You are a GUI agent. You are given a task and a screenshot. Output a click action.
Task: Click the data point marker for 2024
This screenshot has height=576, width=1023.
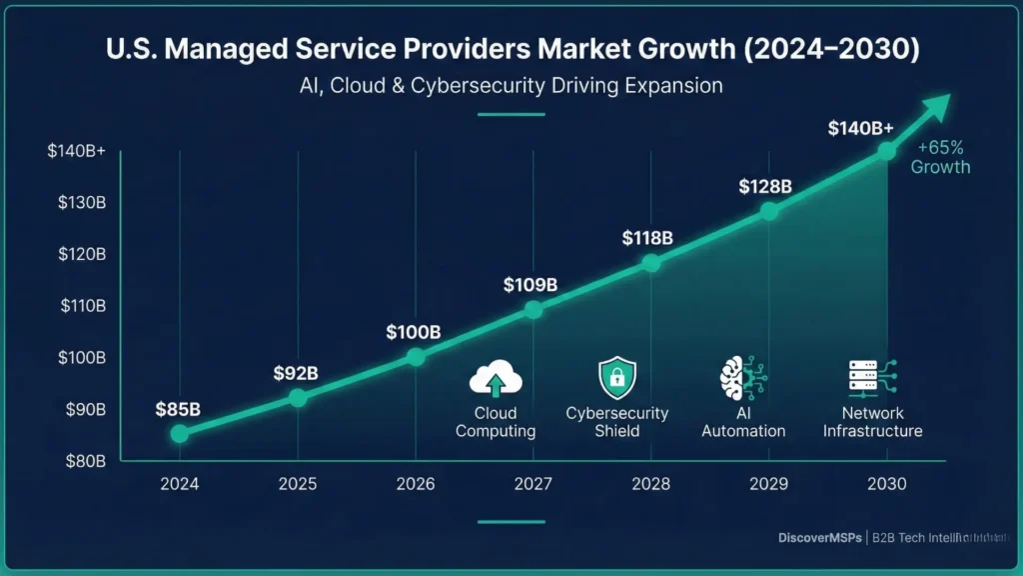(x=179, y=433)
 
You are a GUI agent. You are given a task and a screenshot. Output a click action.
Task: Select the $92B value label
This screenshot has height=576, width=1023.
(x=296, y=373)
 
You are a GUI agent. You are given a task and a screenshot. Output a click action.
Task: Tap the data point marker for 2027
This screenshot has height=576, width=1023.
(x=533, y=310)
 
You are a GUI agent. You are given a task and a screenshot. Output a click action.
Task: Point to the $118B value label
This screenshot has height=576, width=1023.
(x=647, y=238)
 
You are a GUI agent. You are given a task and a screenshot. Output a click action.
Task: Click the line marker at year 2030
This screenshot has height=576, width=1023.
(x=886, y=151)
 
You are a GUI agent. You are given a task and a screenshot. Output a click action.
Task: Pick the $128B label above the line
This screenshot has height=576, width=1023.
(x=765, y=186)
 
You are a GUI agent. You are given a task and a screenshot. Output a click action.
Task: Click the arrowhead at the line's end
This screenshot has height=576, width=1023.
(x=938, y=105)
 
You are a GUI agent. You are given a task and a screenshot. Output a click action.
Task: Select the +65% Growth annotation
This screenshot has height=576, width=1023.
(x=940, y=157)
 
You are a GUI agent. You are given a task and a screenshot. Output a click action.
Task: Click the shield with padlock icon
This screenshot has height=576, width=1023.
(x=616, y=379)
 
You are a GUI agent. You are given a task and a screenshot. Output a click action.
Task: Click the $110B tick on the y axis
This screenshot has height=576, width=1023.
(x=83, y=306)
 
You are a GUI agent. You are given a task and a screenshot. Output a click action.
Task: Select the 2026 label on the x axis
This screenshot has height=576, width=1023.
(x=416, y=484)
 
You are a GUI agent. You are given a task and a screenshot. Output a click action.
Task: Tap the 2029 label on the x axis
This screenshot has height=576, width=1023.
(x=768, y=484)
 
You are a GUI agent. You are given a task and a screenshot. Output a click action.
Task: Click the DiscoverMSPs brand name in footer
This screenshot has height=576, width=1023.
(x=820, y=538)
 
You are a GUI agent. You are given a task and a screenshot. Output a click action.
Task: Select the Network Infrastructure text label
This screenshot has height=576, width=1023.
(x=872, y=422)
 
